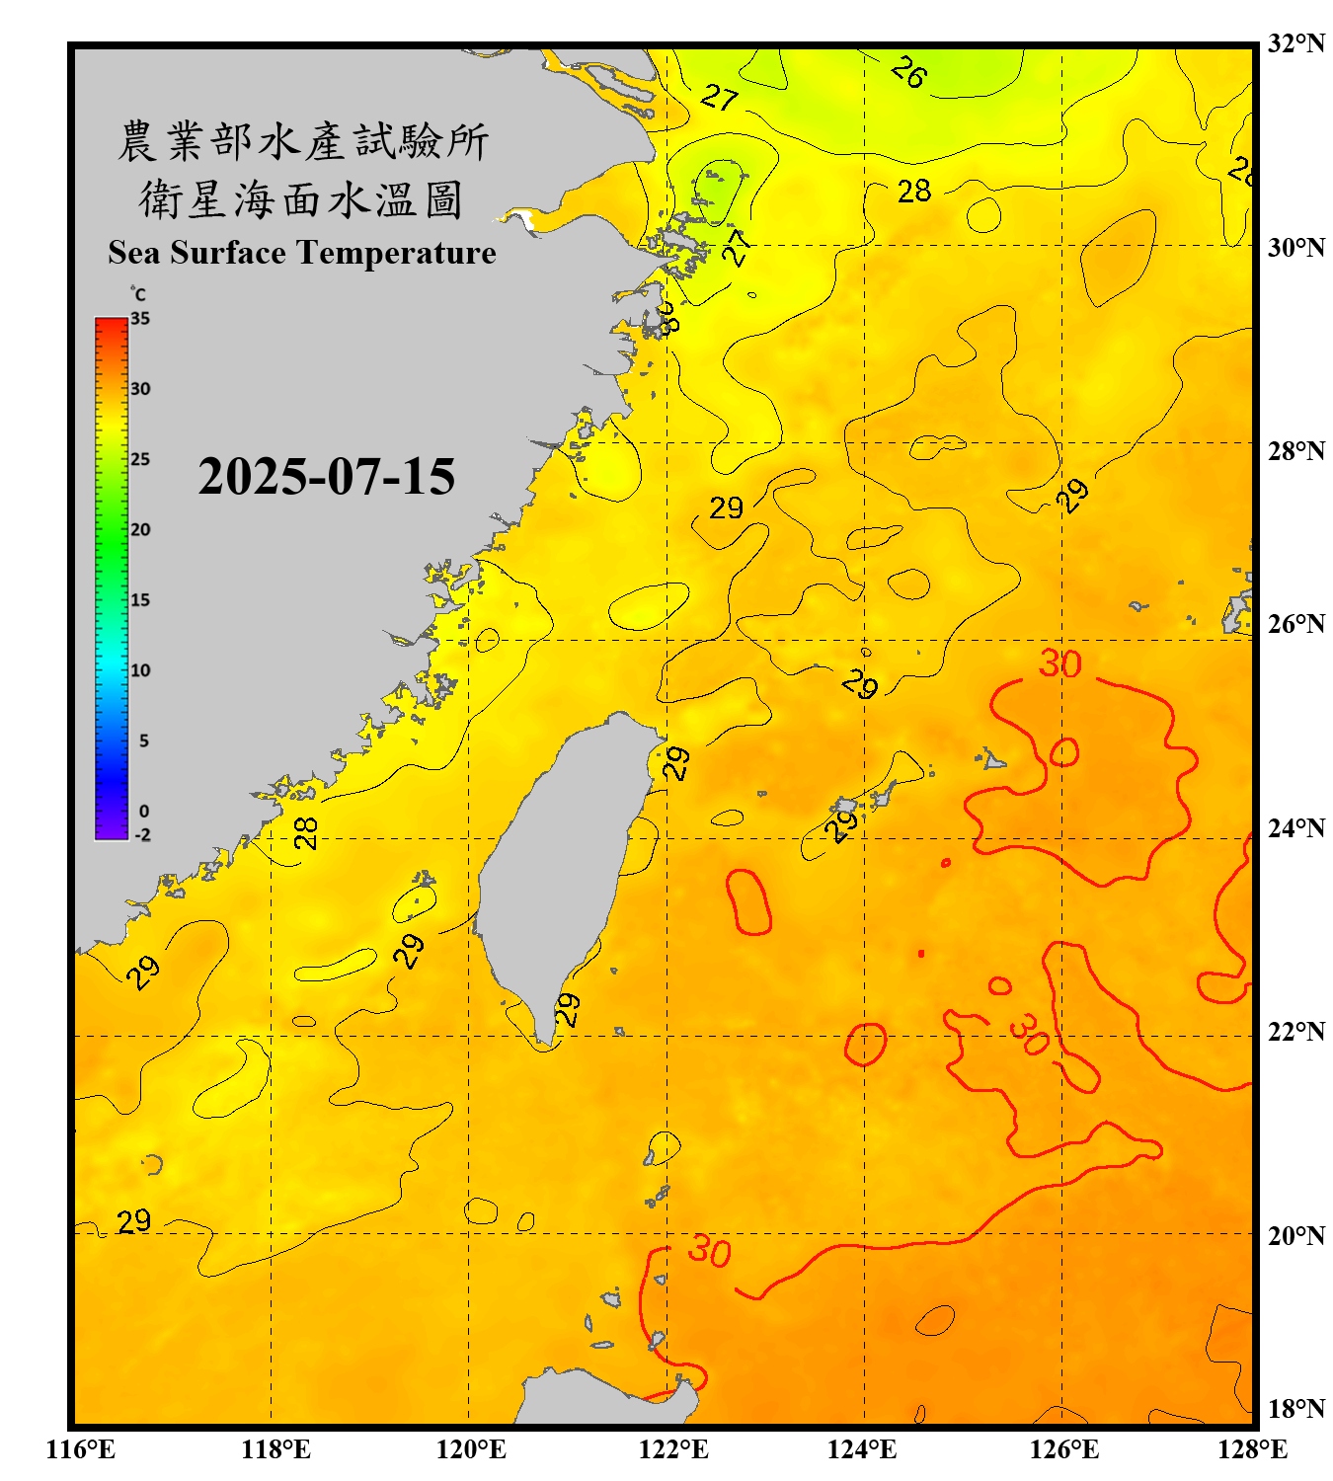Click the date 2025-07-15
pos(326,477)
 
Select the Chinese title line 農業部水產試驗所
pos(302,140)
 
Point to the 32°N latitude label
pos(1295,43)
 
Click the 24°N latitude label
pos(1295,827)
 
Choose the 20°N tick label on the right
pos(1295,1235)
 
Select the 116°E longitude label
pos(81,1449)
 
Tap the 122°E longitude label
pos(673,1449)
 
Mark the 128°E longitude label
pos(1252,1449)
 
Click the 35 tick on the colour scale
pos(140,318)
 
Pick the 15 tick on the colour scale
pos(140,599)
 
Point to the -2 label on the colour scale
pos(142,834)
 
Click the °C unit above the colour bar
pos(137,294)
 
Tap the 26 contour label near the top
pos(908,72)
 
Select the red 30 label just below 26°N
pos(1059,663)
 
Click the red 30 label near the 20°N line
pos(709,1251)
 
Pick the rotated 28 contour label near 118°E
pos(306,832)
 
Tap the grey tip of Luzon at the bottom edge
pos(602,1400)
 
